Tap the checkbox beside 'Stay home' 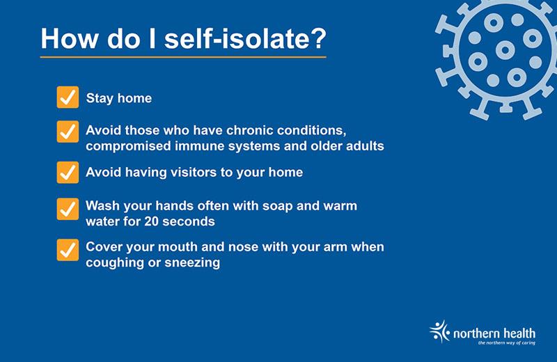67,98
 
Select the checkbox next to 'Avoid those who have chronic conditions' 67,132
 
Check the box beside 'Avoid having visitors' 67,173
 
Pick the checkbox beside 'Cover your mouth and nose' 67,249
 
